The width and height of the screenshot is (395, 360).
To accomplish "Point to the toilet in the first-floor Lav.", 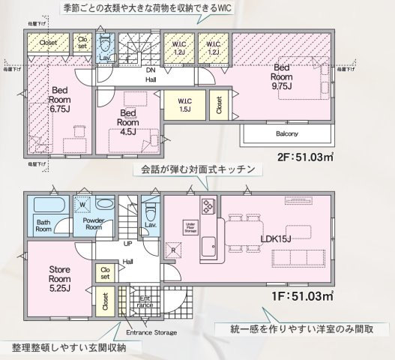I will tap(150, 208).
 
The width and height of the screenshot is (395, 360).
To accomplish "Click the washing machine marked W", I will tap(81, 202).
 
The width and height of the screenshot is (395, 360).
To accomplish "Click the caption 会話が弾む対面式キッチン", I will tap(198, 170).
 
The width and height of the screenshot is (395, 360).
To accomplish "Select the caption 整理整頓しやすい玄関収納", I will tap(68, 347).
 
